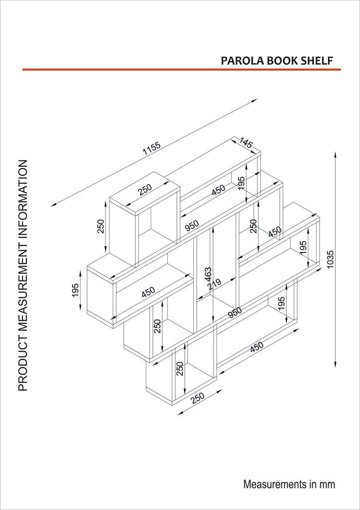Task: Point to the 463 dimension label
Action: pos(209,275)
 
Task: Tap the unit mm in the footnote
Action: pos(328,484)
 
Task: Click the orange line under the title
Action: pos(181,70)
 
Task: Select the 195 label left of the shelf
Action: pos(75,290)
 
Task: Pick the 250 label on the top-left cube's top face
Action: pos(145,189)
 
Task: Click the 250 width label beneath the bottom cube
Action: pos(198,399)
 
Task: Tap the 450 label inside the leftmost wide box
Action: pos(148,292)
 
